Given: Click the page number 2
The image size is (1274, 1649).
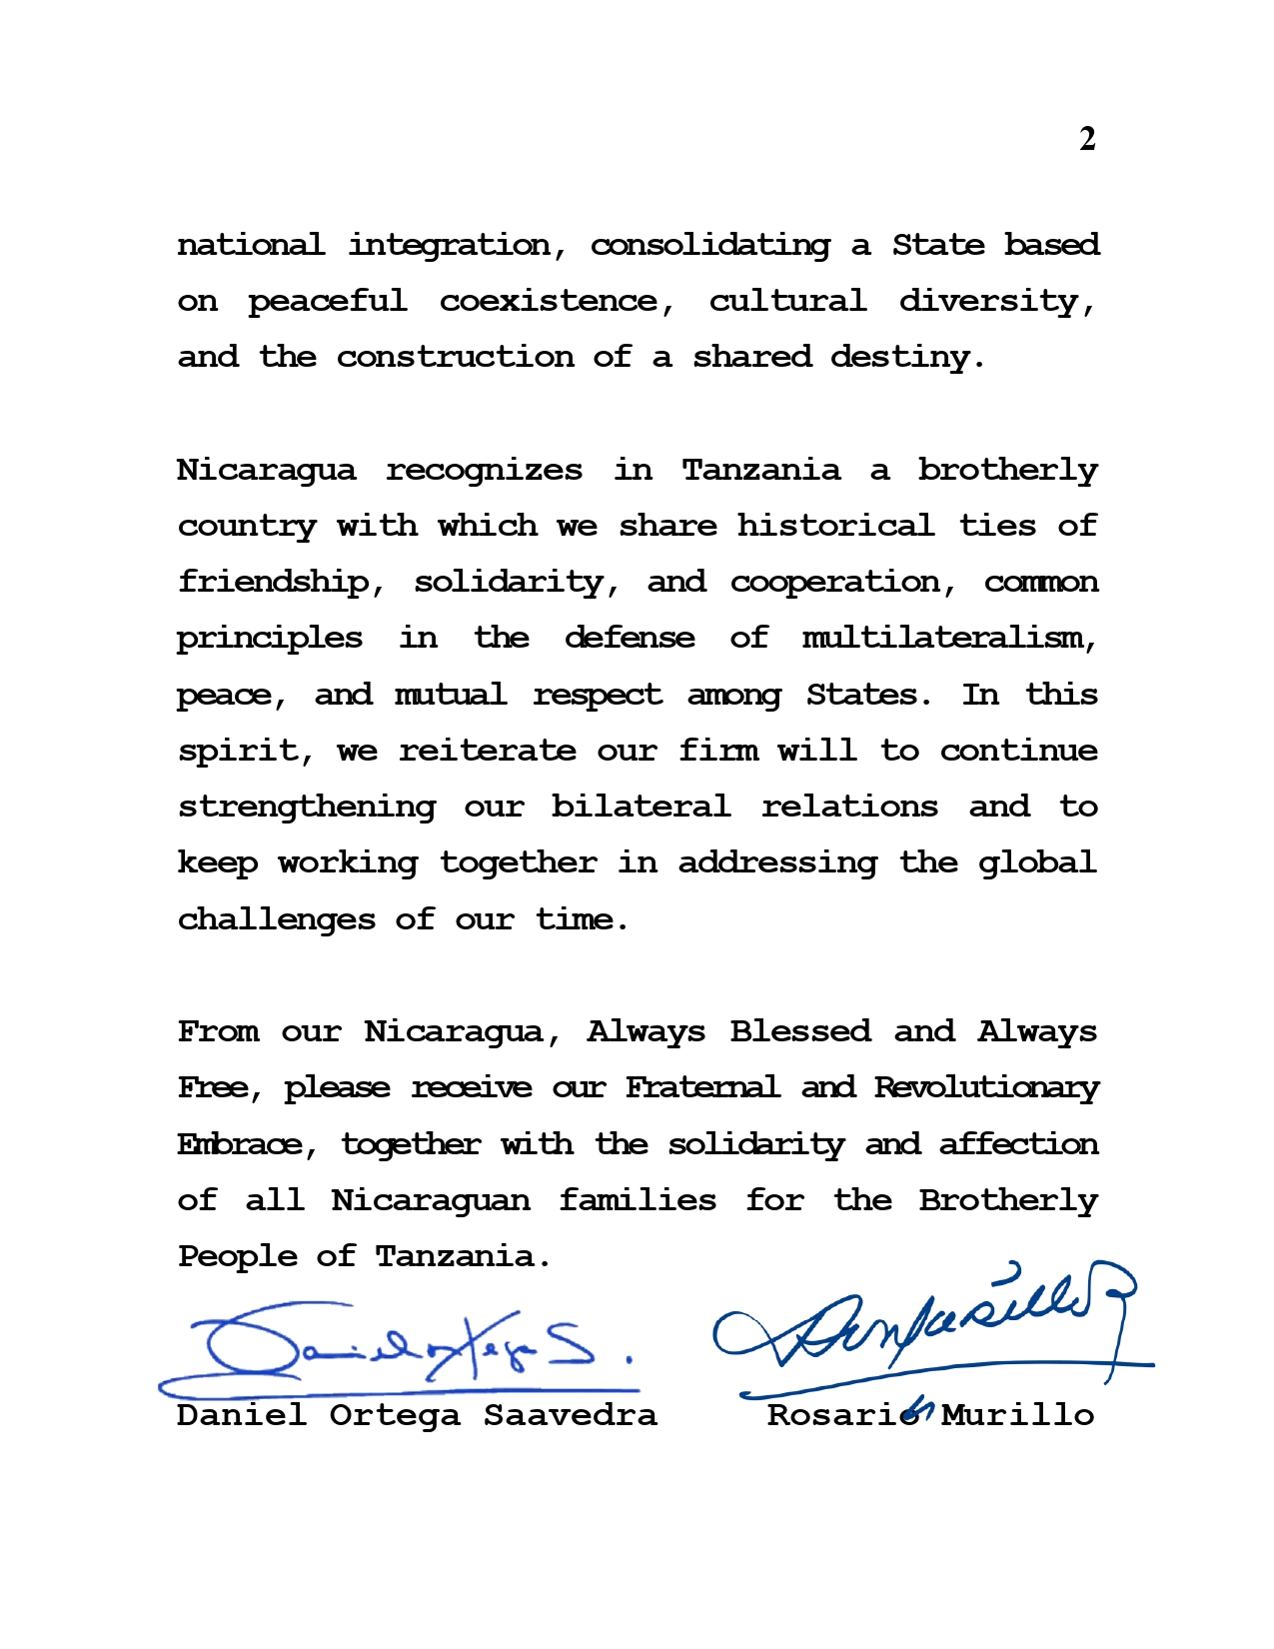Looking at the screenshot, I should tap(1087, 139).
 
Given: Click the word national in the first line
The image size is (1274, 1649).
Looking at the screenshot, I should tap(251, 245).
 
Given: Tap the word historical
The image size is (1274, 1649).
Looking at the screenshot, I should tap(835, 526).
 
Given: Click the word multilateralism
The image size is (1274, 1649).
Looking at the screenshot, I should tap(949, 638).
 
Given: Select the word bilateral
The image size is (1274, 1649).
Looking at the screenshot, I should tap(640, 807).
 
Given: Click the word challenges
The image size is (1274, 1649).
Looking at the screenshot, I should tap(276, 919).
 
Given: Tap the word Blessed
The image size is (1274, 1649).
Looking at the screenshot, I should tap(799, 1031).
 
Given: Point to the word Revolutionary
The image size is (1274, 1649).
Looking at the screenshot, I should tap(985, 1087).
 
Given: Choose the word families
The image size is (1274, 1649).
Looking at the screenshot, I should tap(637, 1200).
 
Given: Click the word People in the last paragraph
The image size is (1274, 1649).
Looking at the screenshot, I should tap(237, 1256).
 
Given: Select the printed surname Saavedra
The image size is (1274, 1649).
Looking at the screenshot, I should tap(571, 1415).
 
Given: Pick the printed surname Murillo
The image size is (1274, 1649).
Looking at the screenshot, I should tap(1017, 1415).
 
